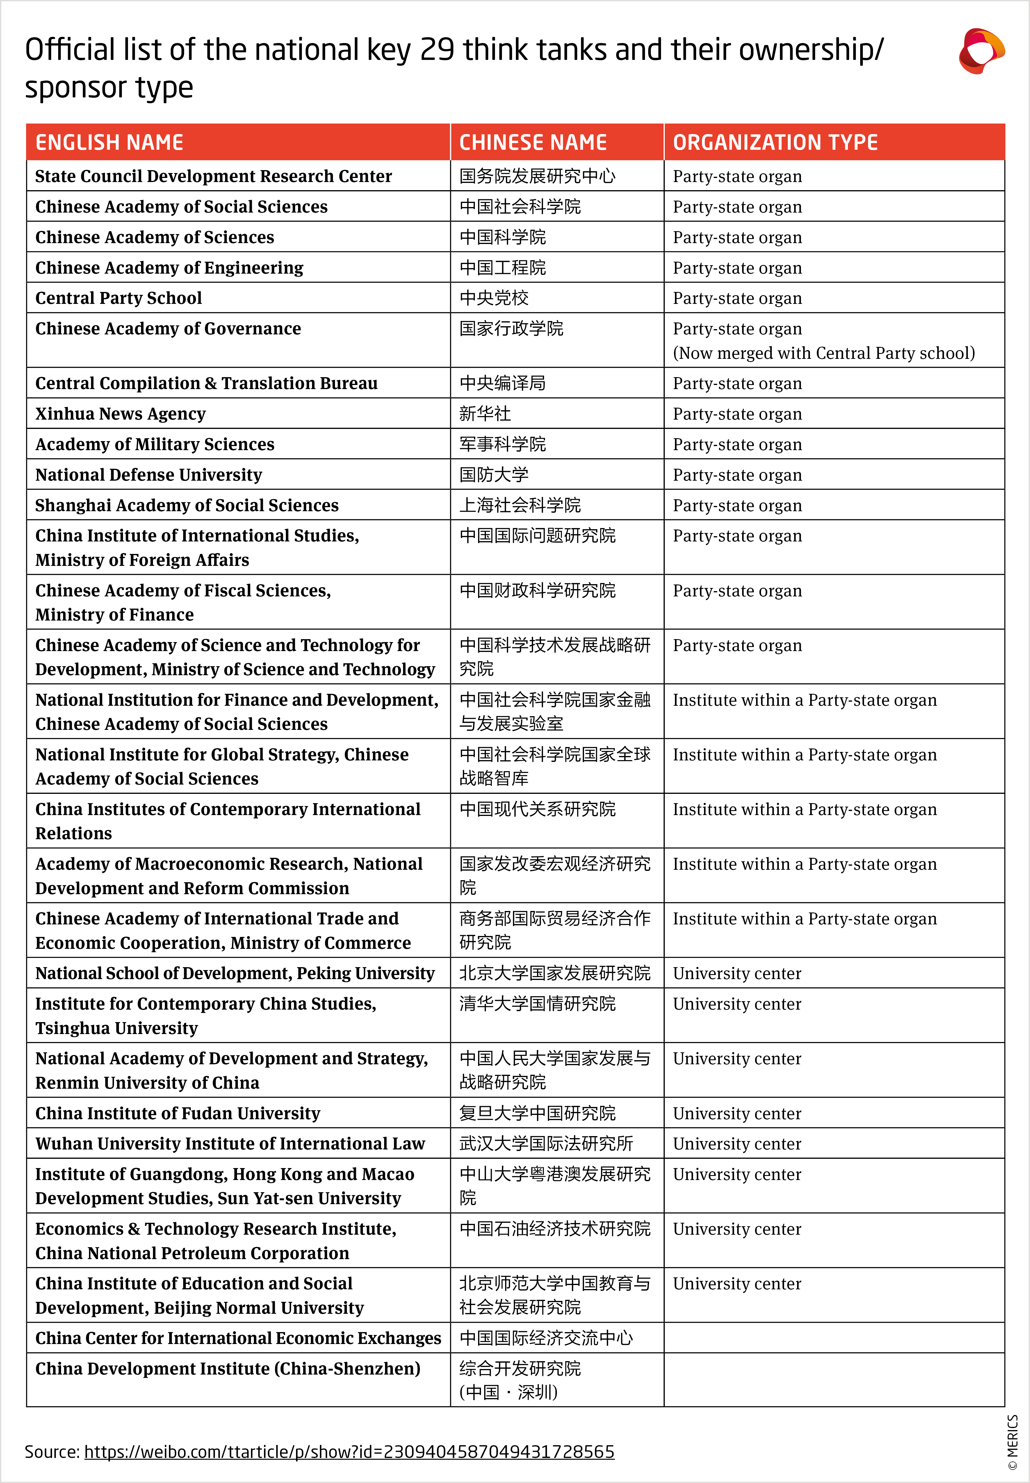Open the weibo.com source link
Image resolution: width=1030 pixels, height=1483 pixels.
click(x=349, y=1452)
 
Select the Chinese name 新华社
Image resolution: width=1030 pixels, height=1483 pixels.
click(x=485, y=414)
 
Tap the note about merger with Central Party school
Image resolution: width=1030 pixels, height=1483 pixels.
click(x=824, y=353)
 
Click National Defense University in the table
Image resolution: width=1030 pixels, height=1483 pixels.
click(x=148, y=475)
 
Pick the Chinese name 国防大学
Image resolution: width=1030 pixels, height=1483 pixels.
click(x=494, y=475)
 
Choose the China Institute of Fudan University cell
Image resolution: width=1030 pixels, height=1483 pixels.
click(x=177, y=1113)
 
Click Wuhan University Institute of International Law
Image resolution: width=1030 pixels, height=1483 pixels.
click(x=230, y=1144)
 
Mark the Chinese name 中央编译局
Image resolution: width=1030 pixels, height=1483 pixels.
click(x=502, y=383)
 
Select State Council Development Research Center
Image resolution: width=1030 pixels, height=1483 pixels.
click(x=213, y=176)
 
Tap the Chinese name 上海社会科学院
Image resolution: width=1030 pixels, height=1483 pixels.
click(x=520, y=505)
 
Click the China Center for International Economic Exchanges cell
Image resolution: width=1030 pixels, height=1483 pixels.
click(x=238, y=1338)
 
